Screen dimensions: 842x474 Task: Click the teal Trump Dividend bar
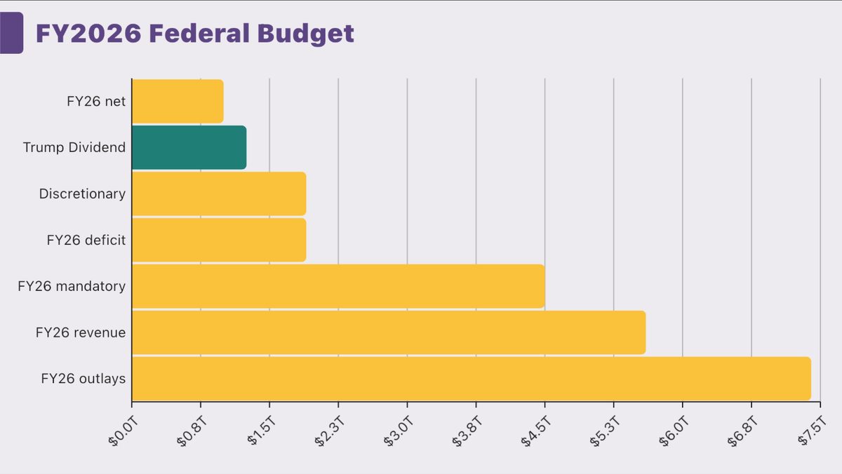[189, 147]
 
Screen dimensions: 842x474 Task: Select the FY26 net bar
[178, 101]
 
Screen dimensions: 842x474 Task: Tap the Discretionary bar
[219, 194]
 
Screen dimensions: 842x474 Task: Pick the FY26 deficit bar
[219, 240]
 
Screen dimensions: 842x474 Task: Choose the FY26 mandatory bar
[338, 286]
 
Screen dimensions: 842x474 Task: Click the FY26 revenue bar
[389, 332]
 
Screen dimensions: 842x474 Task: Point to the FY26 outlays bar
[472, 379]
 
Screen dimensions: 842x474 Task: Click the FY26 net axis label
[96, 102]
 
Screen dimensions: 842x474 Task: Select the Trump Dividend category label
[74, 147]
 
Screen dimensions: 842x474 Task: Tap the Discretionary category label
[82, 194]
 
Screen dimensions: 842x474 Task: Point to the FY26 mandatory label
[72, 286]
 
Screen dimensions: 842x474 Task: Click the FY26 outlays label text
[83, 379]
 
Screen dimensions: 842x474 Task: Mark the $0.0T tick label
[123, 431]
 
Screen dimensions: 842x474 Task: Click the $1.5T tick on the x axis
[262, 431]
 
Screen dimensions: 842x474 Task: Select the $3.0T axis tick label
[399, 431]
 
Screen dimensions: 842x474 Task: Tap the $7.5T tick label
[813, 431]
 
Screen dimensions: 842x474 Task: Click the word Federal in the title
[199, 33]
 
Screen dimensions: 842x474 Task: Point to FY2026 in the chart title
[88, 33]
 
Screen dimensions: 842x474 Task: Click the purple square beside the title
[12, 33]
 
